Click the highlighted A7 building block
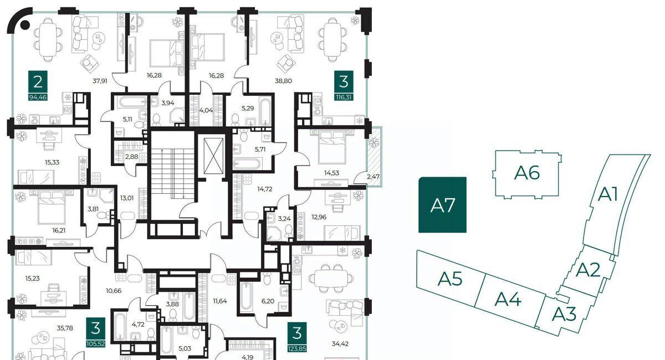point(442,205)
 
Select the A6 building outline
point(526,174)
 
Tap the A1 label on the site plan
point(607,195)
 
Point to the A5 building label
point(450,279)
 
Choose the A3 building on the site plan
point(564,314)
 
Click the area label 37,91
point(100,81)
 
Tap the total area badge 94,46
point(38,97)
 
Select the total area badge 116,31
point(344,97)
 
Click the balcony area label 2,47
point(373,177)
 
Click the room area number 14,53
point(331,173)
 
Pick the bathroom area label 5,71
point(260,150)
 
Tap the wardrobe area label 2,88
point(131,156)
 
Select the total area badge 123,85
point(297,349)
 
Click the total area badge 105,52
point(95,344)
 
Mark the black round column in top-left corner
point(25,25)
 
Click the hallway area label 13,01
point(127,198)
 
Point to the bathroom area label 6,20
point(268,301)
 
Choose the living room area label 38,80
point(283,81)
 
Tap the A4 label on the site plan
point(508,299)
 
